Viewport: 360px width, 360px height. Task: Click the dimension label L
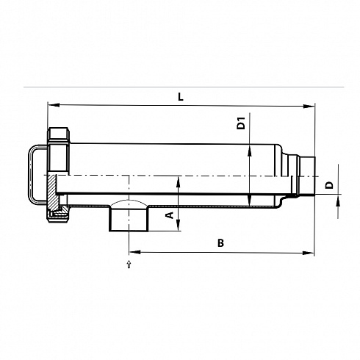pos(181,97)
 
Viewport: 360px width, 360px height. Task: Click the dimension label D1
pos(241,123)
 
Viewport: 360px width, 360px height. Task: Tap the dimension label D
pos(330,185)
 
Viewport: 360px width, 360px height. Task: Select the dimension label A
pos(170,215)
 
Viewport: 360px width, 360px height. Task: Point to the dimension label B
pos(220,243)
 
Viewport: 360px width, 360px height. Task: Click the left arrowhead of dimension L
pos(54,105)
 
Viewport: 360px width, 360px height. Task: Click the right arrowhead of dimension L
pos(309,107)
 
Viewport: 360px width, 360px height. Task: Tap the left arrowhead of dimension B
pos(134,252)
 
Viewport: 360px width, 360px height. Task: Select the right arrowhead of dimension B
pos(308,253)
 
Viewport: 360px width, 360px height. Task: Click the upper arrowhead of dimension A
pos(179,182)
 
